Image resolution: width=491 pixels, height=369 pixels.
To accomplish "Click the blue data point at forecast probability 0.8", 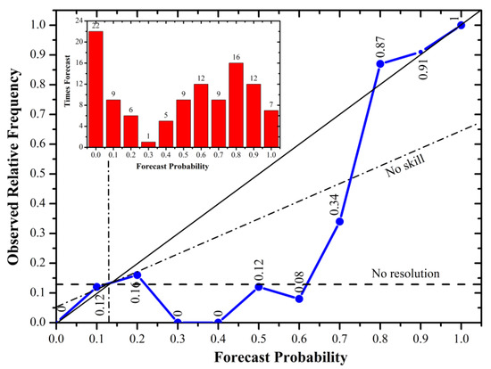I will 380,63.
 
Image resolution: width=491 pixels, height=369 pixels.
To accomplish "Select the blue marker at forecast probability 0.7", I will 340,221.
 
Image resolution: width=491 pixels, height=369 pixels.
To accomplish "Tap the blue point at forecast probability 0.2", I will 137,275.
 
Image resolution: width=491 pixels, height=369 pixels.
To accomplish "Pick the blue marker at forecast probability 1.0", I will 461,25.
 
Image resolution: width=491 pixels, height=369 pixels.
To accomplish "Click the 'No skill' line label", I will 406,166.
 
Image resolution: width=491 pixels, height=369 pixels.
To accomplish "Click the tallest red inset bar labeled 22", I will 96,89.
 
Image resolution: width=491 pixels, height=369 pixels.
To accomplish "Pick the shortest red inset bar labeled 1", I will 148,144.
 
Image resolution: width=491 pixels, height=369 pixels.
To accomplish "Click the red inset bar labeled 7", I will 271,128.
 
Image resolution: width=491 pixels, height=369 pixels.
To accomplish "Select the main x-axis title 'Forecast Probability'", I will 259,357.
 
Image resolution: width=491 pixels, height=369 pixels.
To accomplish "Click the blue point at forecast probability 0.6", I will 299,299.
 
